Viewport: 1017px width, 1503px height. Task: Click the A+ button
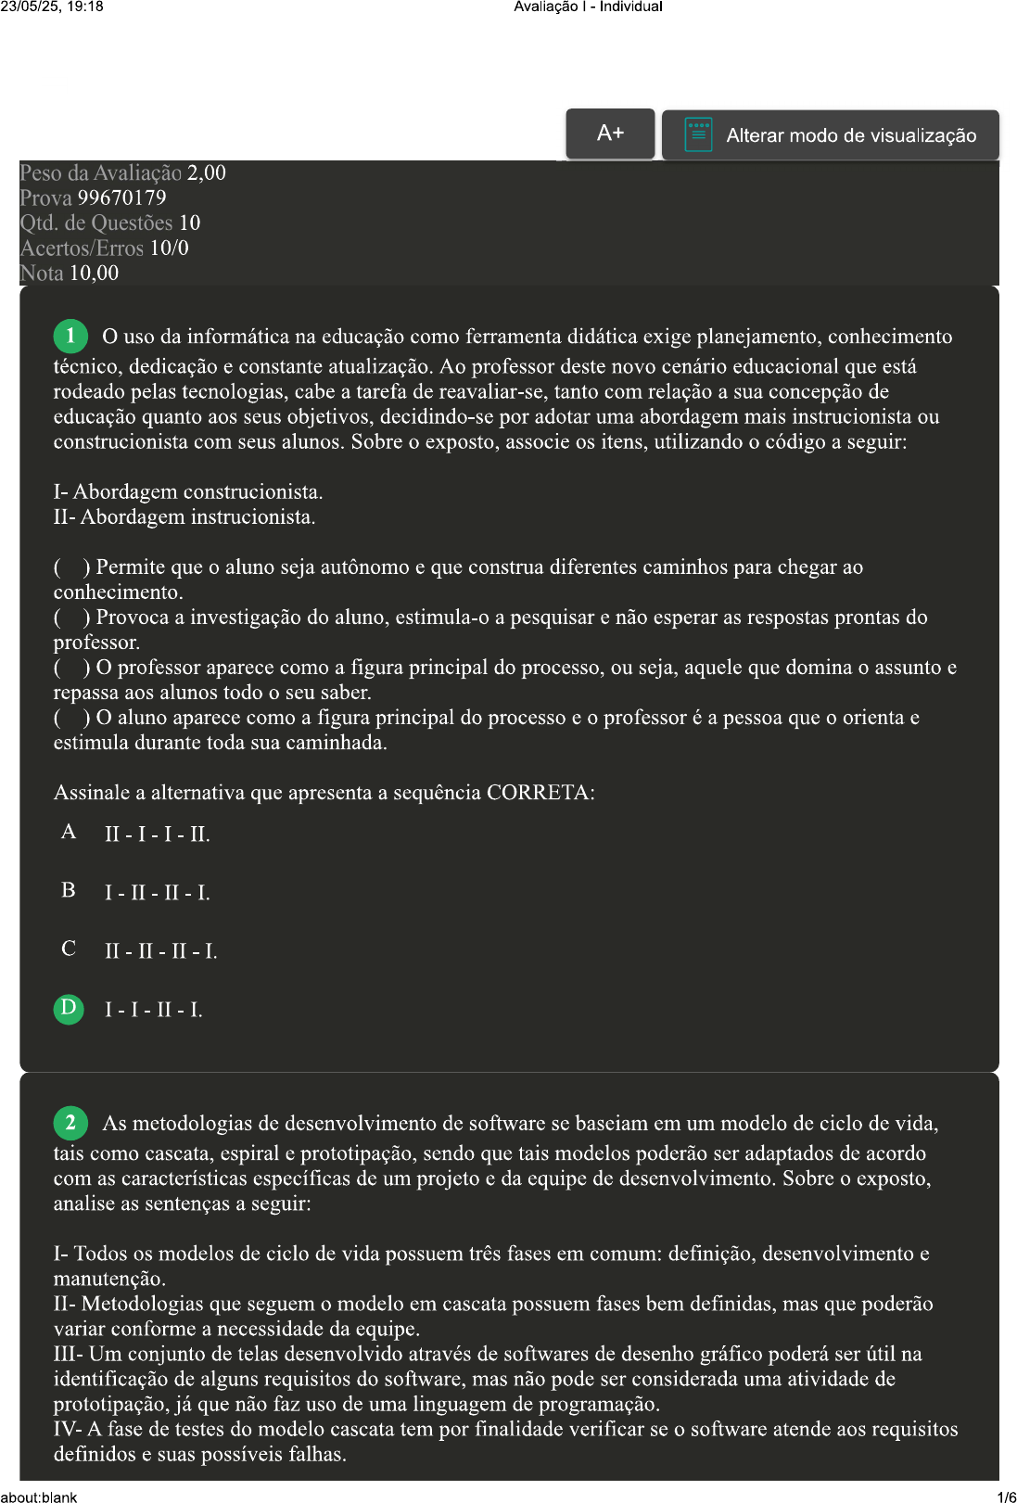coord(610,134)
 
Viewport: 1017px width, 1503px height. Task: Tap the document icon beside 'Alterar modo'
coord(698,134)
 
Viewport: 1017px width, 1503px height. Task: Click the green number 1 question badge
coord(70,336)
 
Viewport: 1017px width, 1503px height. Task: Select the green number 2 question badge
coord(70,1123)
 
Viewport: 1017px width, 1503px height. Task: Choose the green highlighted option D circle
coord(69,1008)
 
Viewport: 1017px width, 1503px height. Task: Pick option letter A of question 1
coord(69,832)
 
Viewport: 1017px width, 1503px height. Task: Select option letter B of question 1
coord(69,890)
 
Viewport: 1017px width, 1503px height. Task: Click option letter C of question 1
coord(69,949)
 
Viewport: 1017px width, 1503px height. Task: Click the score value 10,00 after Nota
coord(94,273)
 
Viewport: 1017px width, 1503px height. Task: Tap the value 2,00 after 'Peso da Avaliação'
coord(206,172)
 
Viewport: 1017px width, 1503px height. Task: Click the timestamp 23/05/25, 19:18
coord(52,6)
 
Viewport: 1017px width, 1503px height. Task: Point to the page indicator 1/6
coord(1006,1497)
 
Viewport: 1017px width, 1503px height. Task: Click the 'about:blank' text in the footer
coord(39,1497)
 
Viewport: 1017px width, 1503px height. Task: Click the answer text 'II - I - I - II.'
coord(158,834)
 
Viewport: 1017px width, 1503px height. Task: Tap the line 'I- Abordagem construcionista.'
coord(188,491)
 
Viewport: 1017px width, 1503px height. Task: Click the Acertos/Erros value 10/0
coord(169,248)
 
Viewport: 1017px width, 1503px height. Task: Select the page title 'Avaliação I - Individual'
coord(588,6)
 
